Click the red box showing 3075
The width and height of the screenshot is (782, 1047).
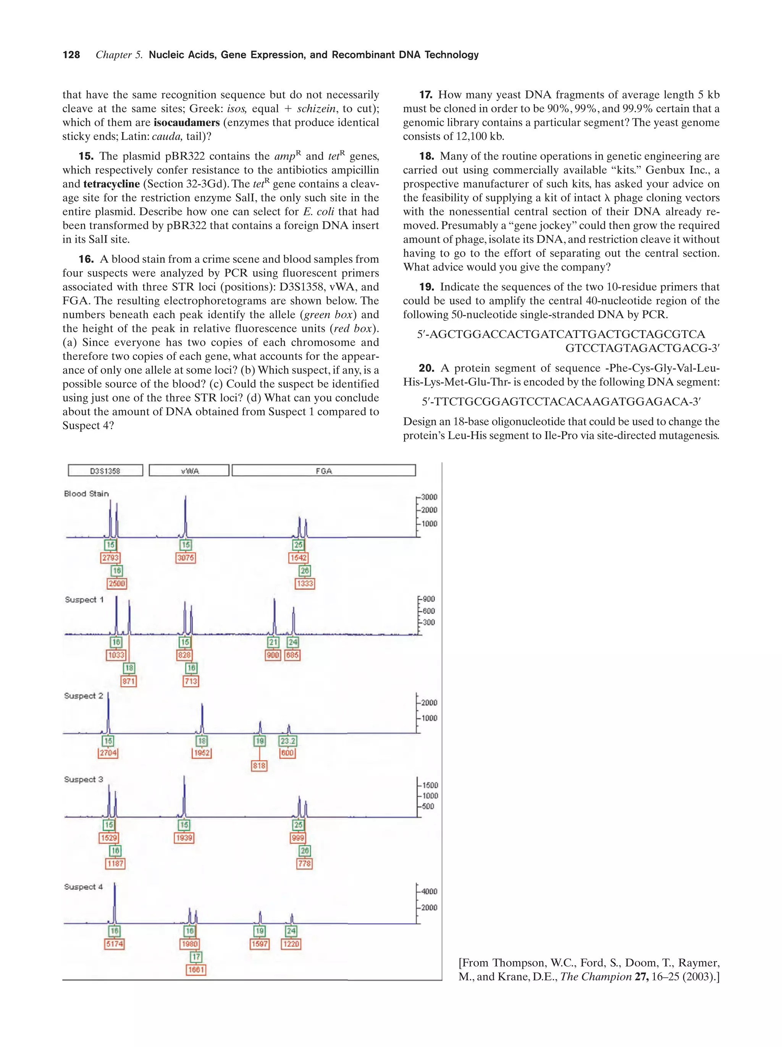pos(186,558)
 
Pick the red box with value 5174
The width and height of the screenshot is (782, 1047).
pos(115,944)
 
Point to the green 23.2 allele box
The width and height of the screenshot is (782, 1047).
pos(288,741)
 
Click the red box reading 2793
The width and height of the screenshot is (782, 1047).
pos(110,558)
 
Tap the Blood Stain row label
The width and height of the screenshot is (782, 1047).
pos(86,494)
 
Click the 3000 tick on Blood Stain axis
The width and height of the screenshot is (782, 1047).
pos(428,497)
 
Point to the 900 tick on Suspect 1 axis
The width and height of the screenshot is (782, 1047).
pos(428,599)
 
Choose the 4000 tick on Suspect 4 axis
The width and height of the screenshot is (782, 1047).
pos(428,891)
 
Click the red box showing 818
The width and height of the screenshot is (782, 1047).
pos(259,765)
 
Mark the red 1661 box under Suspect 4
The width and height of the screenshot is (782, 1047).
pos(196,969)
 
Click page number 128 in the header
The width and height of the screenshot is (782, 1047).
pos(71,55)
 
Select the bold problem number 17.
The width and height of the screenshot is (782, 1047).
pos(425,95)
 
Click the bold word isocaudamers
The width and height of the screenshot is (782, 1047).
pos(186,123)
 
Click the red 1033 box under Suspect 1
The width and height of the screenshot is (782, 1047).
pos(116,655)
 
